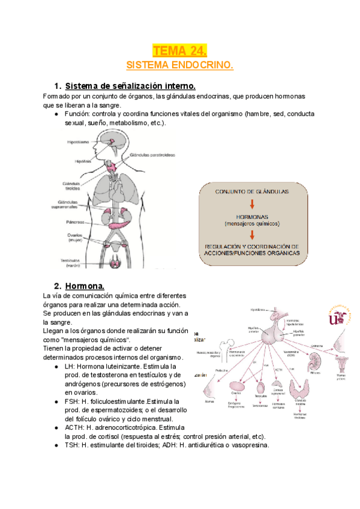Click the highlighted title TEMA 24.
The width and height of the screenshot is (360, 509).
pyautogui.click(x=179, y=50)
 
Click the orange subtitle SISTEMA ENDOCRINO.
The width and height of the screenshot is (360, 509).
pyautogui.click(x=179, y=64)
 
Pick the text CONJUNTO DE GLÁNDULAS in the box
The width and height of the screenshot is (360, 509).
pyautogui.click(x=253, y=191)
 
